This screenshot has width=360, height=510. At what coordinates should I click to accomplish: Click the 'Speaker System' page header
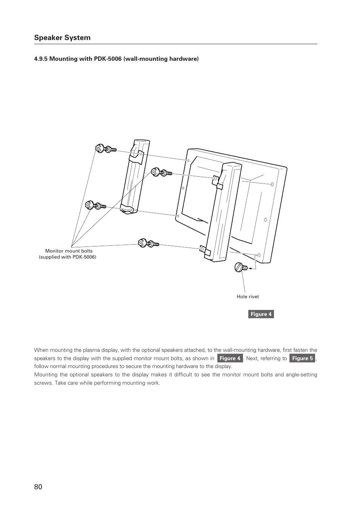62,38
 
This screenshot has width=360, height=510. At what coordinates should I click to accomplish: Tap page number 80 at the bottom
38,487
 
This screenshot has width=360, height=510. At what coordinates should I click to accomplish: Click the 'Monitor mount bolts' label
69,251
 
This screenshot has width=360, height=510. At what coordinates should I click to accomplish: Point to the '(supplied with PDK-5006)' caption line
68,257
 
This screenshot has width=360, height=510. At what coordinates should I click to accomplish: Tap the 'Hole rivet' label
248,297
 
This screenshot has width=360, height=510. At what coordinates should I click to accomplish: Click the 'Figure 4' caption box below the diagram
261,314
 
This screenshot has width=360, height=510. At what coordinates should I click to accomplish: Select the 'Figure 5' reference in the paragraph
302,358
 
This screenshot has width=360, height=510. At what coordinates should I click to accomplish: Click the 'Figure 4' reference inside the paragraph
230,358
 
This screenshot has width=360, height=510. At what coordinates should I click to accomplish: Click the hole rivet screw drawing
240,268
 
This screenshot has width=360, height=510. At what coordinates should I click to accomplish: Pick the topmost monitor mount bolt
105,149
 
